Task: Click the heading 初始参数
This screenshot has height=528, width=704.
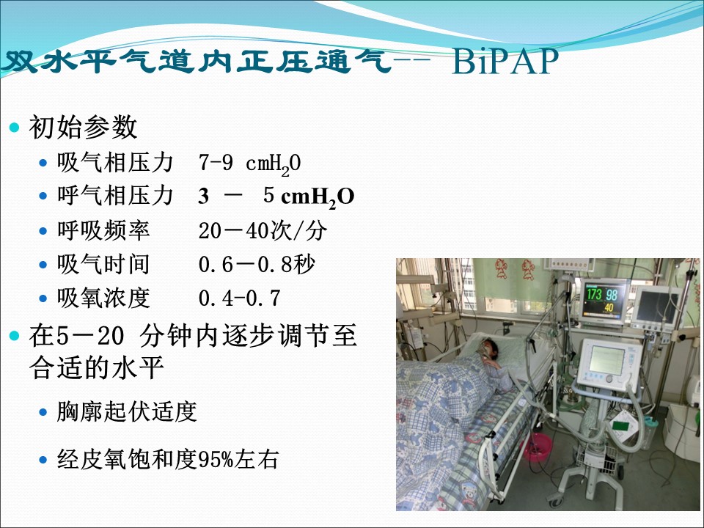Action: (x=83, y=127)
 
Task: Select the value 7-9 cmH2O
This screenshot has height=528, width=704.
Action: (x=249, y=164)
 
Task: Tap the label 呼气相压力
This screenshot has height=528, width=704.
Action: (x=115, y=196)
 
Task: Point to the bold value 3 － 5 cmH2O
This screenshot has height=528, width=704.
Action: (x=276, y=197)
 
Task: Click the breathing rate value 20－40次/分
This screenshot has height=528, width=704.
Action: (x=263, y=231)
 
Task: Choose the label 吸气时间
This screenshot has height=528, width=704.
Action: (x=103, y=264)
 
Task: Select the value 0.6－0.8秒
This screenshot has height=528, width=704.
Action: (x=257, y=265)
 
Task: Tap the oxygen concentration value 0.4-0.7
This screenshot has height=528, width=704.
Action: (x=240, y=298)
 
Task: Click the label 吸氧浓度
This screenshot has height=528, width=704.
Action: (x=103, y=298)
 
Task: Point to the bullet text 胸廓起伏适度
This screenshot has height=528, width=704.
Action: (x=127, y=411)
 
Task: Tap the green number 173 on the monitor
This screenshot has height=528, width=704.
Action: (x=595, y=294)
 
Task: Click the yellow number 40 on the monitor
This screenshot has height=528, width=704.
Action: (x=609, y=308)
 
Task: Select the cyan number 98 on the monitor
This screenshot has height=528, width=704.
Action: (x=612, y=295)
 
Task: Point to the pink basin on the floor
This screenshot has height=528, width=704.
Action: (x=538, y=447)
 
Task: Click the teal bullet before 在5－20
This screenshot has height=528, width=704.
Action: (x=15, y=335)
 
